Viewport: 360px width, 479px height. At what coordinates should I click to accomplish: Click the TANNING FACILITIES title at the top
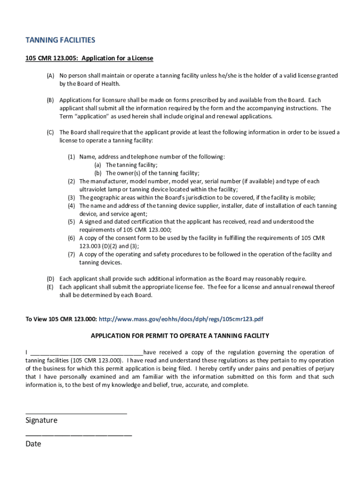(60, 40)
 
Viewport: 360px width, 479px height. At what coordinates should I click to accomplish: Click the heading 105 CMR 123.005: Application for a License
(89, 58)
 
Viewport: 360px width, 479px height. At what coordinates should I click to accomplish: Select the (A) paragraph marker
(50, 76)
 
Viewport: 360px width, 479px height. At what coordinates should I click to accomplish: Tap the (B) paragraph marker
(50, 100)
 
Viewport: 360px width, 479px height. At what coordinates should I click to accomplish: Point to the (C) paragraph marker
(50, 132)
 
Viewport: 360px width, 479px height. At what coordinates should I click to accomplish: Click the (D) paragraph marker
(50, 279)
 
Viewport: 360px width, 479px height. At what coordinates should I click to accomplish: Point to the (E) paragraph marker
(50, 287)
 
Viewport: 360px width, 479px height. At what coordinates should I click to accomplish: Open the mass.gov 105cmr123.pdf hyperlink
(181, 319)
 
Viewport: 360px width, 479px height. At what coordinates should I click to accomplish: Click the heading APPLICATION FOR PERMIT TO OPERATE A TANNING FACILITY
(180, 336)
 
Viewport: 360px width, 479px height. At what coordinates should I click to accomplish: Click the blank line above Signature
(76, 413)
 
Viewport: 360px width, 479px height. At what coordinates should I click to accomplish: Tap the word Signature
(42, 421)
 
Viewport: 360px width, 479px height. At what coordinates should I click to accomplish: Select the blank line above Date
(79, 435)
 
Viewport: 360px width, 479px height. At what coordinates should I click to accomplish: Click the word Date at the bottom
(33, 444)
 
